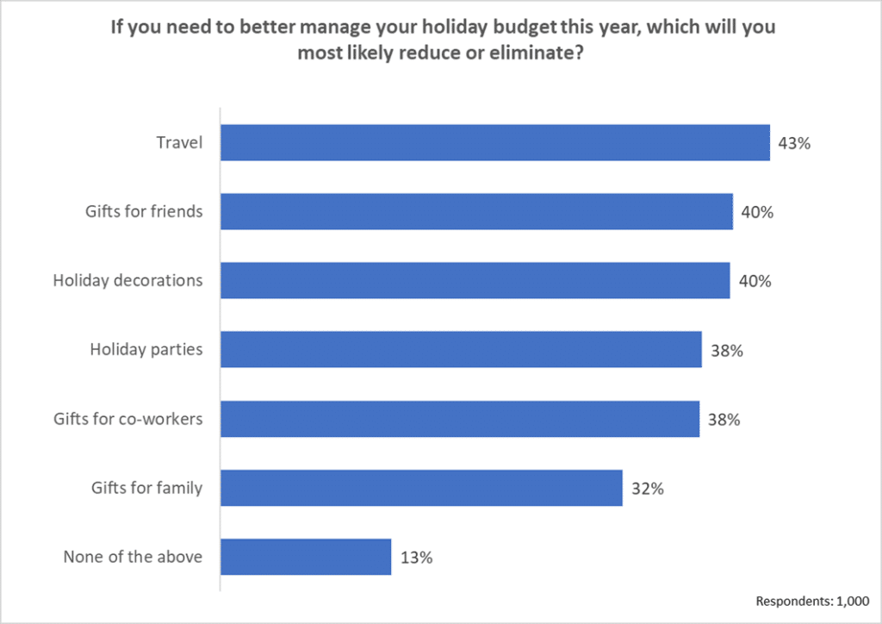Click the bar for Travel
click(495, 142)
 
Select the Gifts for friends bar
click(476, 211)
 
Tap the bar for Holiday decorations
click(475, 280)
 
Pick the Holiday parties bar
click(461, 350)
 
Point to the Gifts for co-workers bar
click(460, 419)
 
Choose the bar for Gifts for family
click(421, 488)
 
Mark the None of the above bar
click(306, 557)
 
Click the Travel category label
click(179, 142)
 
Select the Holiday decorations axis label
click(127, 280)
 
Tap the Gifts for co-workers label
click(127, 419)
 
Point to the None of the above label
click(133, 557)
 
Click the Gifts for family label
click(146, 488)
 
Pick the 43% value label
click(794, 143)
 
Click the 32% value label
click(647, 489)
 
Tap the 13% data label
click(416, 558)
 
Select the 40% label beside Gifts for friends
click(757, 212)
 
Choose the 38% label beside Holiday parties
click(726, 351)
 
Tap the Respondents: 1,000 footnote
click(812, 601)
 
